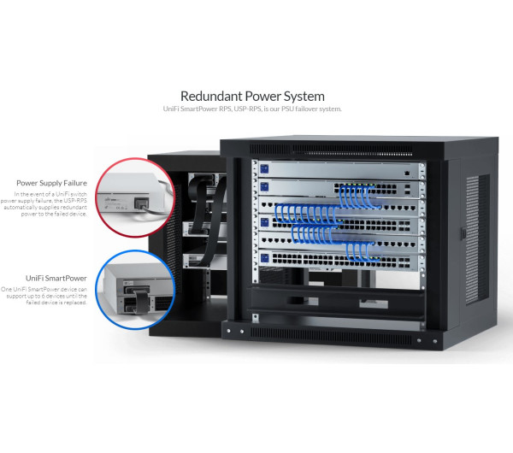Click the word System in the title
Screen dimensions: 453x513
click(300, 97)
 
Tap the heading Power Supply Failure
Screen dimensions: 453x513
click(50, 183)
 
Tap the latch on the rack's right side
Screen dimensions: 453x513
click(463, 232)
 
